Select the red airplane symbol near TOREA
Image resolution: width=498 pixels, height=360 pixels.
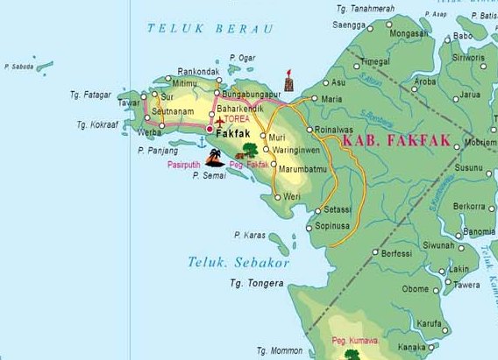[219, 119]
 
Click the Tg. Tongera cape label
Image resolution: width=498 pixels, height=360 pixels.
[256, 283]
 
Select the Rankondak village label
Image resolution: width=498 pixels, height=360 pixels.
[197, 72]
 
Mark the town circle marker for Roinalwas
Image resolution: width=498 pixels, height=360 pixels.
[309, 131]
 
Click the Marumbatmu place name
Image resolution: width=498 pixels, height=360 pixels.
[302, 168]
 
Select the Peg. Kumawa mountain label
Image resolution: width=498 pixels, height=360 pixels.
[353, 341]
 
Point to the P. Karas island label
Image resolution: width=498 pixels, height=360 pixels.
[250, 235]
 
